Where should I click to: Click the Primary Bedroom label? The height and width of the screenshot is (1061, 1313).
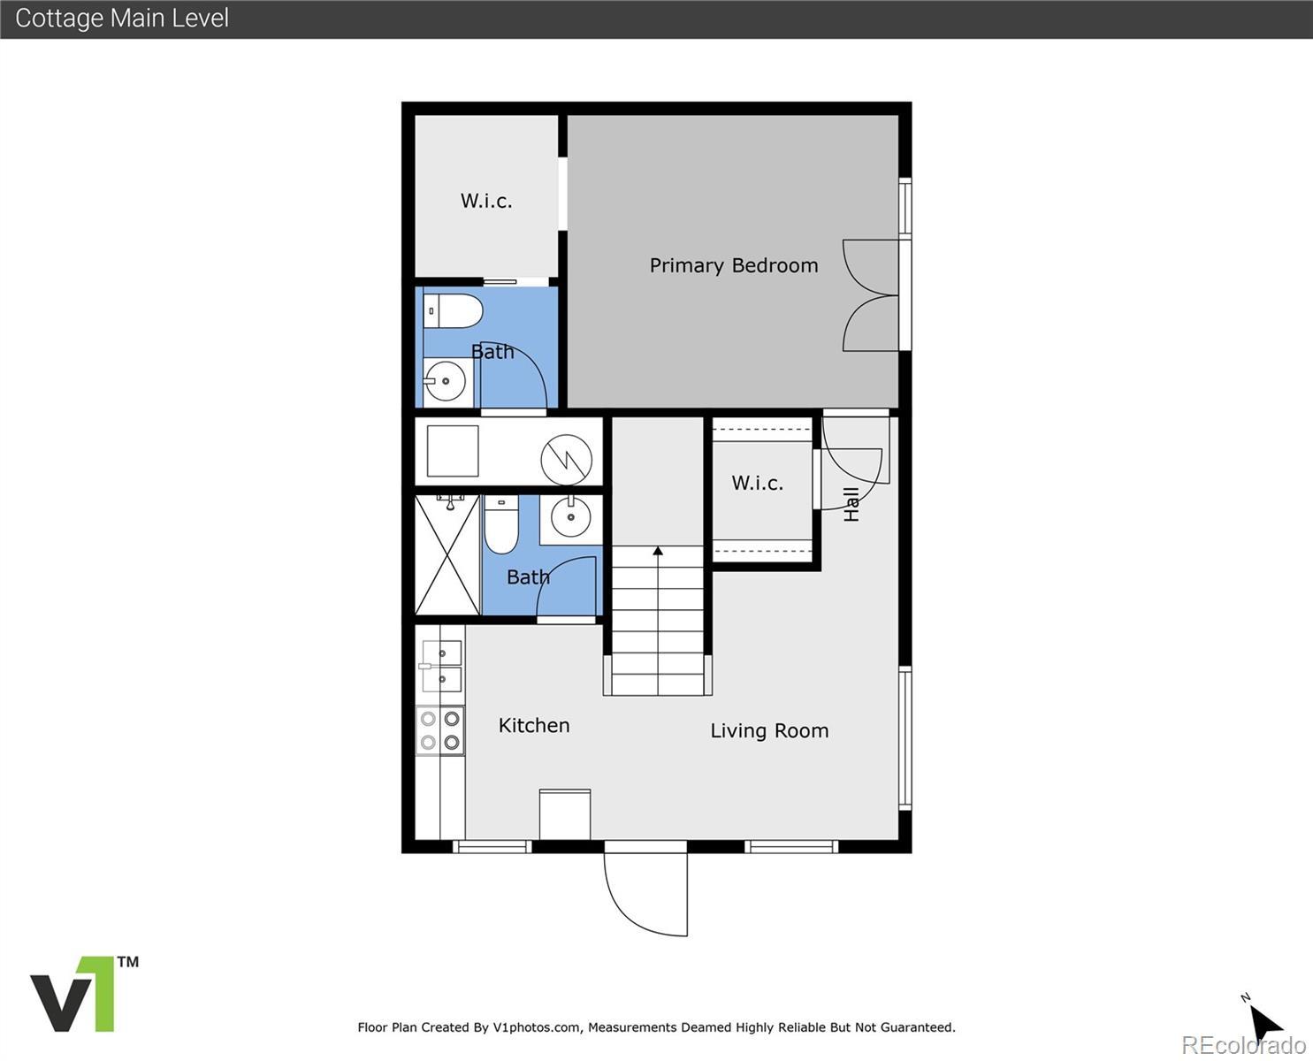coord(734,266)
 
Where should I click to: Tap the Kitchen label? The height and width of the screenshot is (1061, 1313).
coord(534,725)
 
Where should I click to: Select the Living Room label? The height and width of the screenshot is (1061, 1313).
coord(769,730)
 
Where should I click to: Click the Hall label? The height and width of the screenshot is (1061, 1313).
coord(851,504)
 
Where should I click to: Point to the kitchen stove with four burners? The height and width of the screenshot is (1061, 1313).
coord(440,730)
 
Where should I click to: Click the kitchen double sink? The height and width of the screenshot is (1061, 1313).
coord(441,666)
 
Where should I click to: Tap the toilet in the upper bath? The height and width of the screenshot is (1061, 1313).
coord(453,311)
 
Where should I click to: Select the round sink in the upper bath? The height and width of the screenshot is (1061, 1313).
coord(445,381)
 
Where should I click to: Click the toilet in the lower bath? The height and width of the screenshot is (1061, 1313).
coord(500,524)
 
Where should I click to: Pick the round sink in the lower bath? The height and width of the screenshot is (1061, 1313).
coord(571,516)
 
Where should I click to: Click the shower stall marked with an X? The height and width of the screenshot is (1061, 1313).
coord(447,555)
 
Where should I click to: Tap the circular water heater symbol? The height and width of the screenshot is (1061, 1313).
coord(567,459)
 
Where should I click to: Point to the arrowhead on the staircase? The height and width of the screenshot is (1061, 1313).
coord(658,551)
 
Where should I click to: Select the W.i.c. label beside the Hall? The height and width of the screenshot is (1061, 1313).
coord(757,483)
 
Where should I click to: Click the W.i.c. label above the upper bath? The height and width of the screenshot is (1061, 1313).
coord(486,201)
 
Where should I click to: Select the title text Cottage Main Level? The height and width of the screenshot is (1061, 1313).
coord(122,18)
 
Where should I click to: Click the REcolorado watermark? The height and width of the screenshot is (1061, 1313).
coord(1244,1044)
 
